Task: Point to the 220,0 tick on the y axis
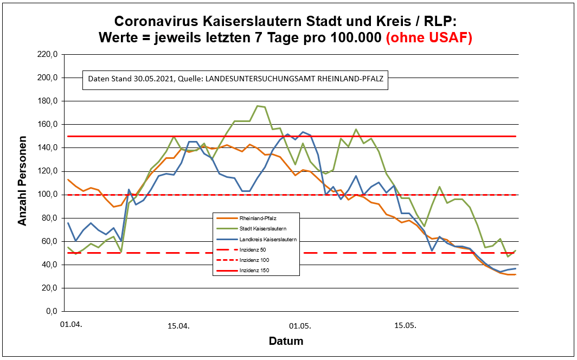47,54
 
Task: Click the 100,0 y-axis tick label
47,195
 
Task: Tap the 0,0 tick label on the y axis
50,311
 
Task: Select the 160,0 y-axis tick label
47,124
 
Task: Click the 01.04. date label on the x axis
71,325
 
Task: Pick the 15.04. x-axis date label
179,326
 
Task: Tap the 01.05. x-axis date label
299,326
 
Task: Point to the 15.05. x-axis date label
405,326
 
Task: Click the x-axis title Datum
286,342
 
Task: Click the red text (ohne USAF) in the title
428,38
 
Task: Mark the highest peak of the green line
257,106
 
